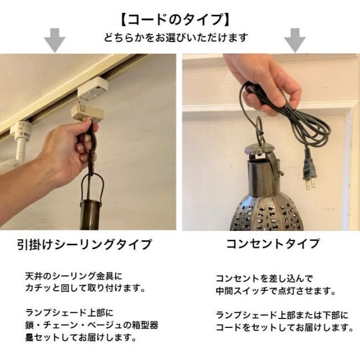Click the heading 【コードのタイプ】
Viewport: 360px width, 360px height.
tap(176, 19)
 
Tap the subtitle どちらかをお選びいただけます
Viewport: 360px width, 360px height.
tap(176, 38)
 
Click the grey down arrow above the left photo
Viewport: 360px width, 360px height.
tap(55, 40)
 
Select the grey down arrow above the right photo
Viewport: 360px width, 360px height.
tap(295, 40)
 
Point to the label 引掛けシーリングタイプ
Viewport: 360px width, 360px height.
tap(85, 244)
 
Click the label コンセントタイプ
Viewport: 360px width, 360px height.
tap(272, 244)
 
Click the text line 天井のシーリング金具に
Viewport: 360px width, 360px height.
tap(74, 276)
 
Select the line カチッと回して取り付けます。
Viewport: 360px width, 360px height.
tap(85, 288)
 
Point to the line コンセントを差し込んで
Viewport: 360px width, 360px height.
tap(264, 279)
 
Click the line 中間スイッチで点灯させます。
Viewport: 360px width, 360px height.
tap(276, 291)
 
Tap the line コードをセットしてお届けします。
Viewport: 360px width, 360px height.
tap(285, 327)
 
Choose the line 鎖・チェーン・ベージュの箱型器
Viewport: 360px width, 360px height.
tap(91, 325)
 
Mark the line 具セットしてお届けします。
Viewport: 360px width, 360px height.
tap(81, 337)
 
